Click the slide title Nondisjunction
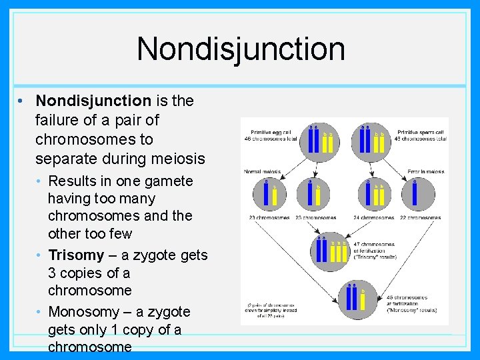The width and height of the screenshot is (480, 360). click(x=241, y=49)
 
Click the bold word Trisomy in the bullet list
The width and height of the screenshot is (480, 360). click(x=77, y=255)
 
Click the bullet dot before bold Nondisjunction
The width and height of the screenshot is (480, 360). click(x=22, y=101)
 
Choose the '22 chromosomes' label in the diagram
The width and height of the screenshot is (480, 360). click(x=421, y=217)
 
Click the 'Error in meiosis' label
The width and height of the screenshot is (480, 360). click(x=425, y=171)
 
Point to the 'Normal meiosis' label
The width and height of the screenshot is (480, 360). click(x=262, y=171)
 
